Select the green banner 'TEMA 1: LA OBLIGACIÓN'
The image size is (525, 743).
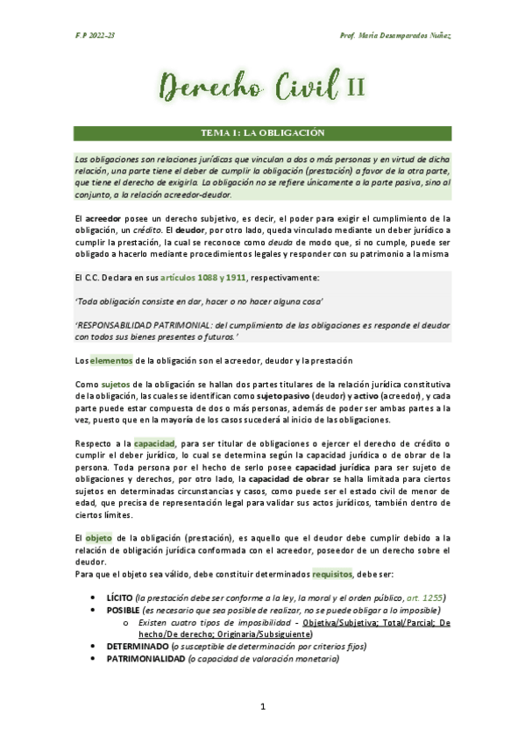click(263, 133)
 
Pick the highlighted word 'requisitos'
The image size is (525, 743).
click(334, 574)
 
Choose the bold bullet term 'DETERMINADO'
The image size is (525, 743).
click(138, 646)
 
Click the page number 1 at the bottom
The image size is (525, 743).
click(262, 706)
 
